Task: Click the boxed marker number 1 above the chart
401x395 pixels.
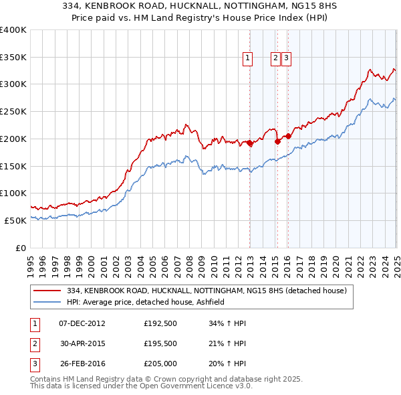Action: (x=247, y=58)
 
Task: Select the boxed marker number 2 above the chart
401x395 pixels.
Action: (x=275, y=58)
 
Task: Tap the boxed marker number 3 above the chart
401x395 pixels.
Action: (x=285, y=58)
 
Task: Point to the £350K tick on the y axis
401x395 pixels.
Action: (x=13, y=57)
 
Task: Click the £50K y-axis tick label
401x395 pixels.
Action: (x=15, y=220)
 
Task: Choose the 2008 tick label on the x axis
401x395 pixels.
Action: (x=190, y=263)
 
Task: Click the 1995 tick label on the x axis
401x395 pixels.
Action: (x=31, y=263)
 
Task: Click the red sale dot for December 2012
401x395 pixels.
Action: (x=250, y=143)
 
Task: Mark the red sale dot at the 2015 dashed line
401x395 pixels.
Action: (x=277, y=141)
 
